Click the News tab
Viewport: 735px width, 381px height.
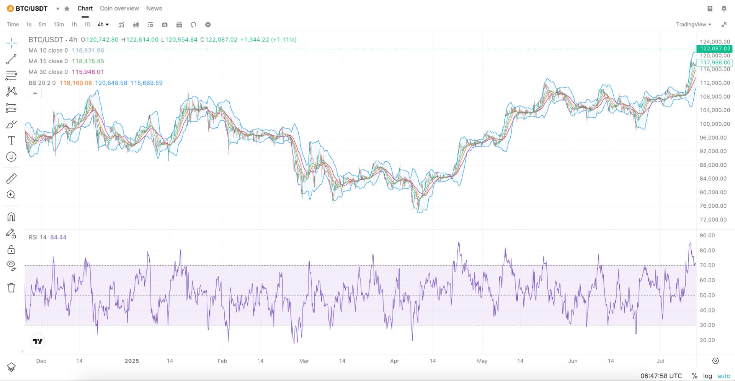tap(154, 8)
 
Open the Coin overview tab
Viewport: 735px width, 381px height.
tap(119, 8)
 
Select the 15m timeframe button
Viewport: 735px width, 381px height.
tap(59, 25)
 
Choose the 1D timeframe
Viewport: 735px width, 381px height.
tap(87, 25)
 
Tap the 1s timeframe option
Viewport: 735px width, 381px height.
tap(29, 25)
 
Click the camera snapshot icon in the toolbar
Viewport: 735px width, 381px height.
tap(165, 25)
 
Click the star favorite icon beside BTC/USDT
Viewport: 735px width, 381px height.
tap(67, 8)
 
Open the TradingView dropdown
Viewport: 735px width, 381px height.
tap(693, 25)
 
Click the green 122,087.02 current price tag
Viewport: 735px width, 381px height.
tap(714, 49)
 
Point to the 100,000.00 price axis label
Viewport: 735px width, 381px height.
tap(715, 124)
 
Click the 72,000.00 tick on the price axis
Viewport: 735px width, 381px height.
tap(713, 220)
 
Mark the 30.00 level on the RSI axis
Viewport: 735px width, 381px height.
tap(707, 325)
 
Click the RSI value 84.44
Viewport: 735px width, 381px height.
tap(58, 237)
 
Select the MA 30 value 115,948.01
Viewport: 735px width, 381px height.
tap(88, 72)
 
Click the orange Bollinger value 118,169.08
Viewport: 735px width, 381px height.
tap(76, 83)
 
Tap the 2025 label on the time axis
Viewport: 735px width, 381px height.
tap(132, 361)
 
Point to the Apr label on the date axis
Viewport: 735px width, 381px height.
tap(395, 361)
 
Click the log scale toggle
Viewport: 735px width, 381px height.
tap(707, 376)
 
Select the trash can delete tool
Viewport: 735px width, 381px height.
tap(11, 288)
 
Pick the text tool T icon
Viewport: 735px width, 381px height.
tap(11, 141)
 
